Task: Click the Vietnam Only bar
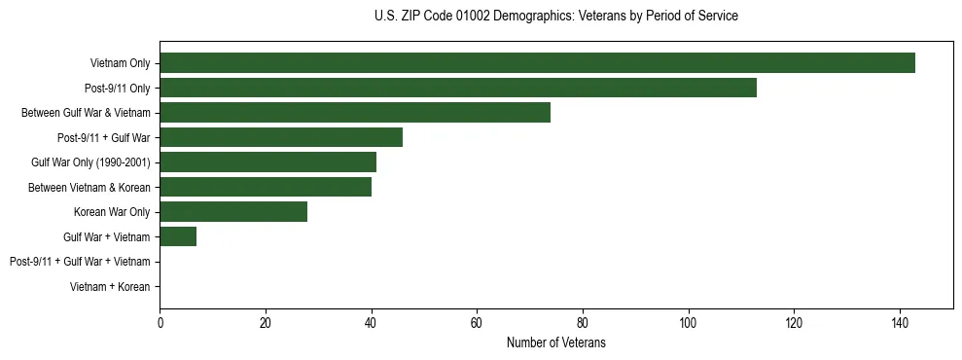click(x=537, y=63)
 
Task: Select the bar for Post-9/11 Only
click(x=458, y=88)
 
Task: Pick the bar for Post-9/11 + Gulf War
click(x=281, y=137)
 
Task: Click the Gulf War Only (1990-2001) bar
click(x=267, y=162)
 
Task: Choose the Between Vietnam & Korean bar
click(x=266, y=187)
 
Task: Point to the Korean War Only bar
click(x=233, y=212)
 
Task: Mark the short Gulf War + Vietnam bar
click(x=178, y=236)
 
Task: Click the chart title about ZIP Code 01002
click(x=556, y=17)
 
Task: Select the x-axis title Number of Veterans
click(x=556, y=342)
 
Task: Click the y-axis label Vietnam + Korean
click(x=110, y=286)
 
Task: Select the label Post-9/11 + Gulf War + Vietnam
click(x=80, y=262)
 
